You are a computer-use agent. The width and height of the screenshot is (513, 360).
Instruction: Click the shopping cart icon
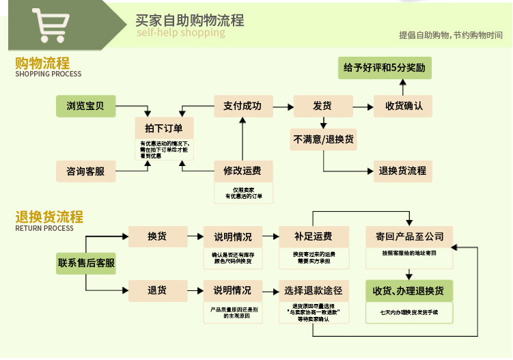pos(51,25)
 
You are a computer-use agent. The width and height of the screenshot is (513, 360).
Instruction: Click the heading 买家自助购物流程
pos(190,20)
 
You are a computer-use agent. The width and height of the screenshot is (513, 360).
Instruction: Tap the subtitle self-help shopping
pos(180,33)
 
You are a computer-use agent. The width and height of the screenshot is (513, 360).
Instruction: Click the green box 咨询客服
pos(85,171)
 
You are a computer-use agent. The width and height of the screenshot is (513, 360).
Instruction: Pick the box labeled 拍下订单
pos(164,128)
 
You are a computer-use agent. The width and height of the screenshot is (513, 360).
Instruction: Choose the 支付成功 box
pos(242,106)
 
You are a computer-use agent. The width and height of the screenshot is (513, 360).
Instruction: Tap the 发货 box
pos(322,106)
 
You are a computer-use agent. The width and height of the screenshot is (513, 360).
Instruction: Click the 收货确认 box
pos(404,106)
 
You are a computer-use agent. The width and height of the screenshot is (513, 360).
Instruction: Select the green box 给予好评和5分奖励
pos(385,68)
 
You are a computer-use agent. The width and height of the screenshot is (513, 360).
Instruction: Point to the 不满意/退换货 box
pos(324,139)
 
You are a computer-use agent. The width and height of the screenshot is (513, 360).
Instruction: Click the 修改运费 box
pos(242,171)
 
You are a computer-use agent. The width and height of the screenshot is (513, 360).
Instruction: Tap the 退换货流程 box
pos(403,171)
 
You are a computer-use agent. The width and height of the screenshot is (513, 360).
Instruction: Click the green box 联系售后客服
pos(86,263)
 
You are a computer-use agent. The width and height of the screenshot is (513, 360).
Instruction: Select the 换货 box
pos(157,237)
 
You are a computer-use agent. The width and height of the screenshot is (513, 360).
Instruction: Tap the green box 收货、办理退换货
pos(408,290)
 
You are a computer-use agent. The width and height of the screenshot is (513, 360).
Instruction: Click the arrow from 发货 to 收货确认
pos(363,106)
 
